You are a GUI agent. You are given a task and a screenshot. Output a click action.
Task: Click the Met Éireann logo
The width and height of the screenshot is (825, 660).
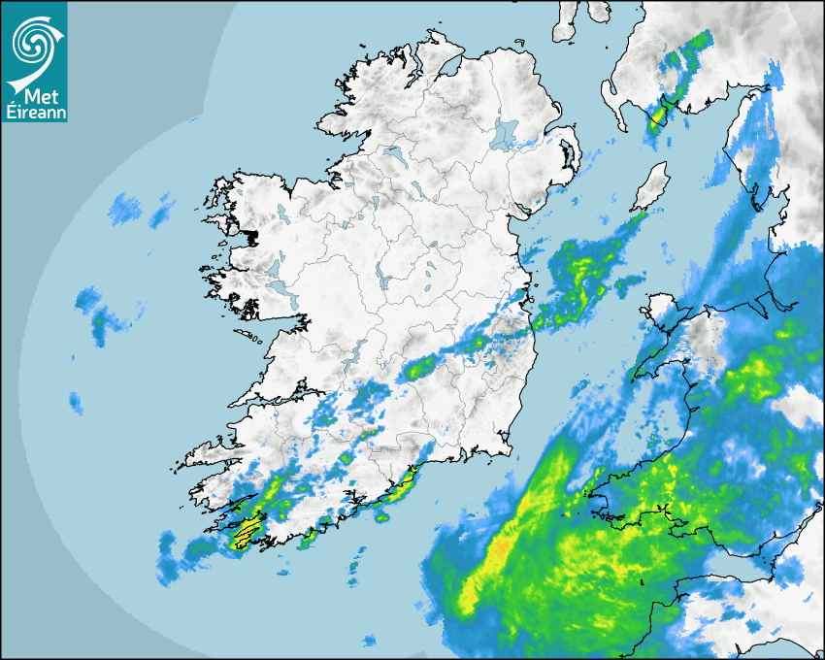pos(34,61)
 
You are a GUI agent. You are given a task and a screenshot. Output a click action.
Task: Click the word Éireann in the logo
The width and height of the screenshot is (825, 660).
pos(34,112)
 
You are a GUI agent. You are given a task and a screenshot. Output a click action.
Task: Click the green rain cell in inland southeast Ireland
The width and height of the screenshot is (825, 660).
pos(420,367)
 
